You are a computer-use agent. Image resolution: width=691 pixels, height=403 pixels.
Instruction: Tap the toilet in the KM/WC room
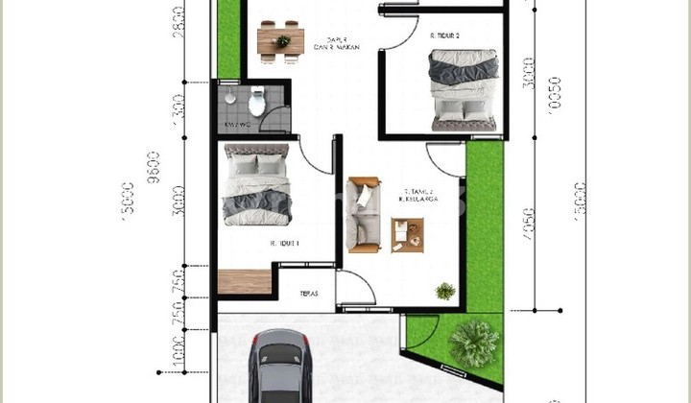click(x=256, y=99)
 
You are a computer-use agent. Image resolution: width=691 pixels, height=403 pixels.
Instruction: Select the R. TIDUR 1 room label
click(x=285, y=244)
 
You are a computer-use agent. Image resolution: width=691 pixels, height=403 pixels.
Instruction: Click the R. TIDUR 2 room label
click(x=444, y=35)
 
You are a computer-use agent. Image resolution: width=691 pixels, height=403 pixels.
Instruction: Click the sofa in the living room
click(x=364, y=213)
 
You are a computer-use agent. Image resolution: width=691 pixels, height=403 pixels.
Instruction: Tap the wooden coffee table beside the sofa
click(x=408, y=234)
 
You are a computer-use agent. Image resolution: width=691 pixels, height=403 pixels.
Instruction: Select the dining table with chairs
click(x=282, y=39)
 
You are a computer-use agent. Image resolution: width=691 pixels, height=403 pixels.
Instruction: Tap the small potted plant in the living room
click(x=444, y=290)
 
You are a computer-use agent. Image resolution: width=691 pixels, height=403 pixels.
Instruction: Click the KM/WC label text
click(x=237, y=125)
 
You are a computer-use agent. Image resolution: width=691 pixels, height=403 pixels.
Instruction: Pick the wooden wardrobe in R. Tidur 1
click(x=245, y=283)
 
